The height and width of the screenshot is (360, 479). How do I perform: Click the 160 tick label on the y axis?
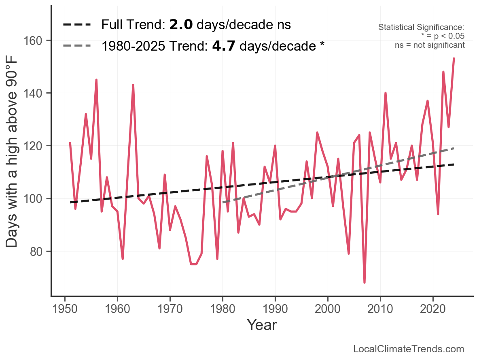tap(38, 40)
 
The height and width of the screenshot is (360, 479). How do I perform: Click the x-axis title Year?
tap(262, 325)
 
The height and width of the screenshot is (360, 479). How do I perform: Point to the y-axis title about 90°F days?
tap(13, 162)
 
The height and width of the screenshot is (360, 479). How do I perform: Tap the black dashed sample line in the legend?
tap(77, 25)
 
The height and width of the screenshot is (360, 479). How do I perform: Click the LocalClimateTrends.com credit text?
tap(409, 349)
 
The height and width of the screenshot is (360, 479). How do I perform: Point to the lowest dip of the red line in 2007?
tap(365, 282)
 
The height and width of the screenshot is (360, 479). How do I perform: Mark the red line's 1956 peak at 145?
tap(96, 80)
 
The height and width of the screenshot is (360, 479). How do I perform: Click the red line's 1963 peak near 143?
tap(133, 85)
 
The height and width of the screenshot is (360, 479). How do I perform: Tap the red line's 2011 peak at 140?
tap(386, 93)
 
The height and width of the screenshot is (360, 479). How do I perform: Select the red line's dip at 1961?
tap(123, 259)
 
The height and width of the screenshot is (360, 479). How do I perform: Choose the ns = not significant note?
tap(430, 45)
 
